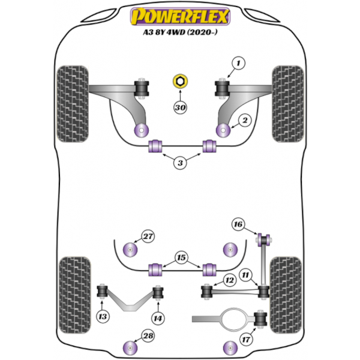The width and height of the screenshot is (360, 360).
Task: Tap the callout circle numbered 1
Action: pos(238,62)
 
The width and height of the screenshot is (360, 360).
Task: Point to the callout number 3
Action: pos(180,162)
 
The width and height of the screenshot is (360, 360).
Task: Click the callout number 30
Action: pos(180,108)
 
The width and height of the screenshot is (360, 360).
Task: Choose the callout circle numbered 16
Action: pos(239,224)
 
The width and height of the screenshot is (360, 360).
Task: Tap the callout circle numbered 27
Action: pos(148,236)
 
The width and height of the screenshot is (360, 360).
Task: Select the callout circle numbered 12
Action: pos(229,280)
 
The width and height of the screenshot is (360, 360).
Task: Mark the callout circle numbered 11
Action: pos(245,275)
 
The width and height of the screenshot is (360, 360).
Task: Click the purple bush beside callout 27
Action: pos(130,249)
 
